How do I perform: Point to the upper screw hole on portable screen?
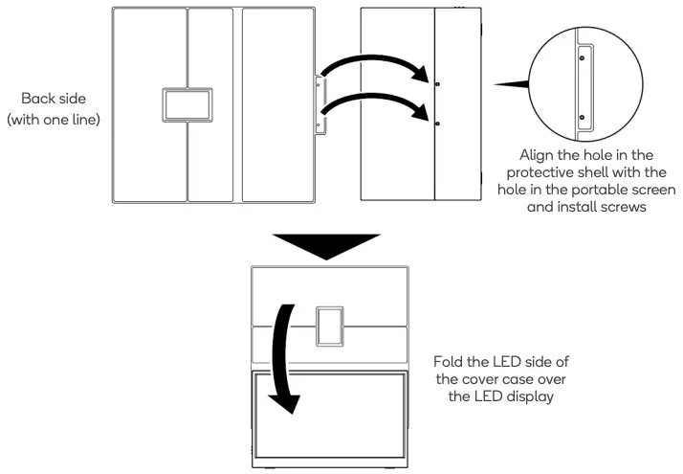[437, 83]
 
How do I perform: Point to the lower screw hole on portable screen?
[437, 124]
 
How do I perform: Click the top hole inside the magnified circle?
[582, 56]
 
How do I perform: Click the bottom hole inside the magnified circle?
[582, 117]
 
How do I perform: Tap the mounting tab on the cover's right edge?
[321, 103]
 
